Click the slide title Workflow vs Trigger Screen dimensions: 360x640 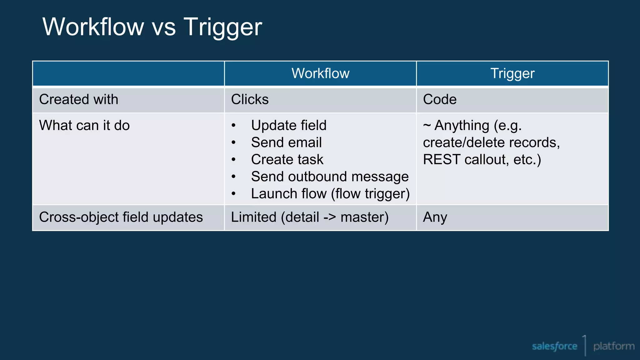point(152,27)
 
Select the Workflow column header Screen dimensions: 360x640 point(320,73)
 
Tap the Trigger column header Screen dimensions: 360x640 point(512,73)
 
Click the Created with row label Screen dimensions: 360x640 point(79,99)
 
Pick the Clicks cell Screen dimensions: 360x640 point(250,99)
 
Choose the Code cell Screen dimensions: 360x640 point(440,99)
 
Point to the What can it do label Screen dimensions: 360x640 point(84,125)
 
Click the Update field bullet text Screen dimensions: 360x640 point(289,125)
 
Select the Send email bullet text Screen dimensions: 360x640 point(286,142)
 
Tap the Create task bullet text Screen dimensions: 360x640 point(287,159)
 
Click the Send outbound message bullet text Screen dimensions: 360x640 point(330,177)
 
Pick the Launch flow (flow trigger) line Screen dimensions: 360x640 point(330,194)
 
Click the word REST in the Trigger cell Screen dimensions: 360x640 point(442,159)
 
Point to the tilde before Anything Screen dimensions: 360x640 point(427,125)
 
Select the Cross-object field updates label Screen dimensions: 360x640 point(121,217)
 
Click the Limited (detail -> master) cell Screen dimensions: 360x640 point(310,217)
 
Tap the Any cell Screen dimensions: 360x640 point(435,217)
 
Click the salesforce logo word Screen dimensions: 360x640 point(554,346)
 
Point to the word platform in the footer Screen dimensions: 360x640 point(614,346)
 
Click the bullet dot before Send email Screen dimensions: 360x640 point(233,142)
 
